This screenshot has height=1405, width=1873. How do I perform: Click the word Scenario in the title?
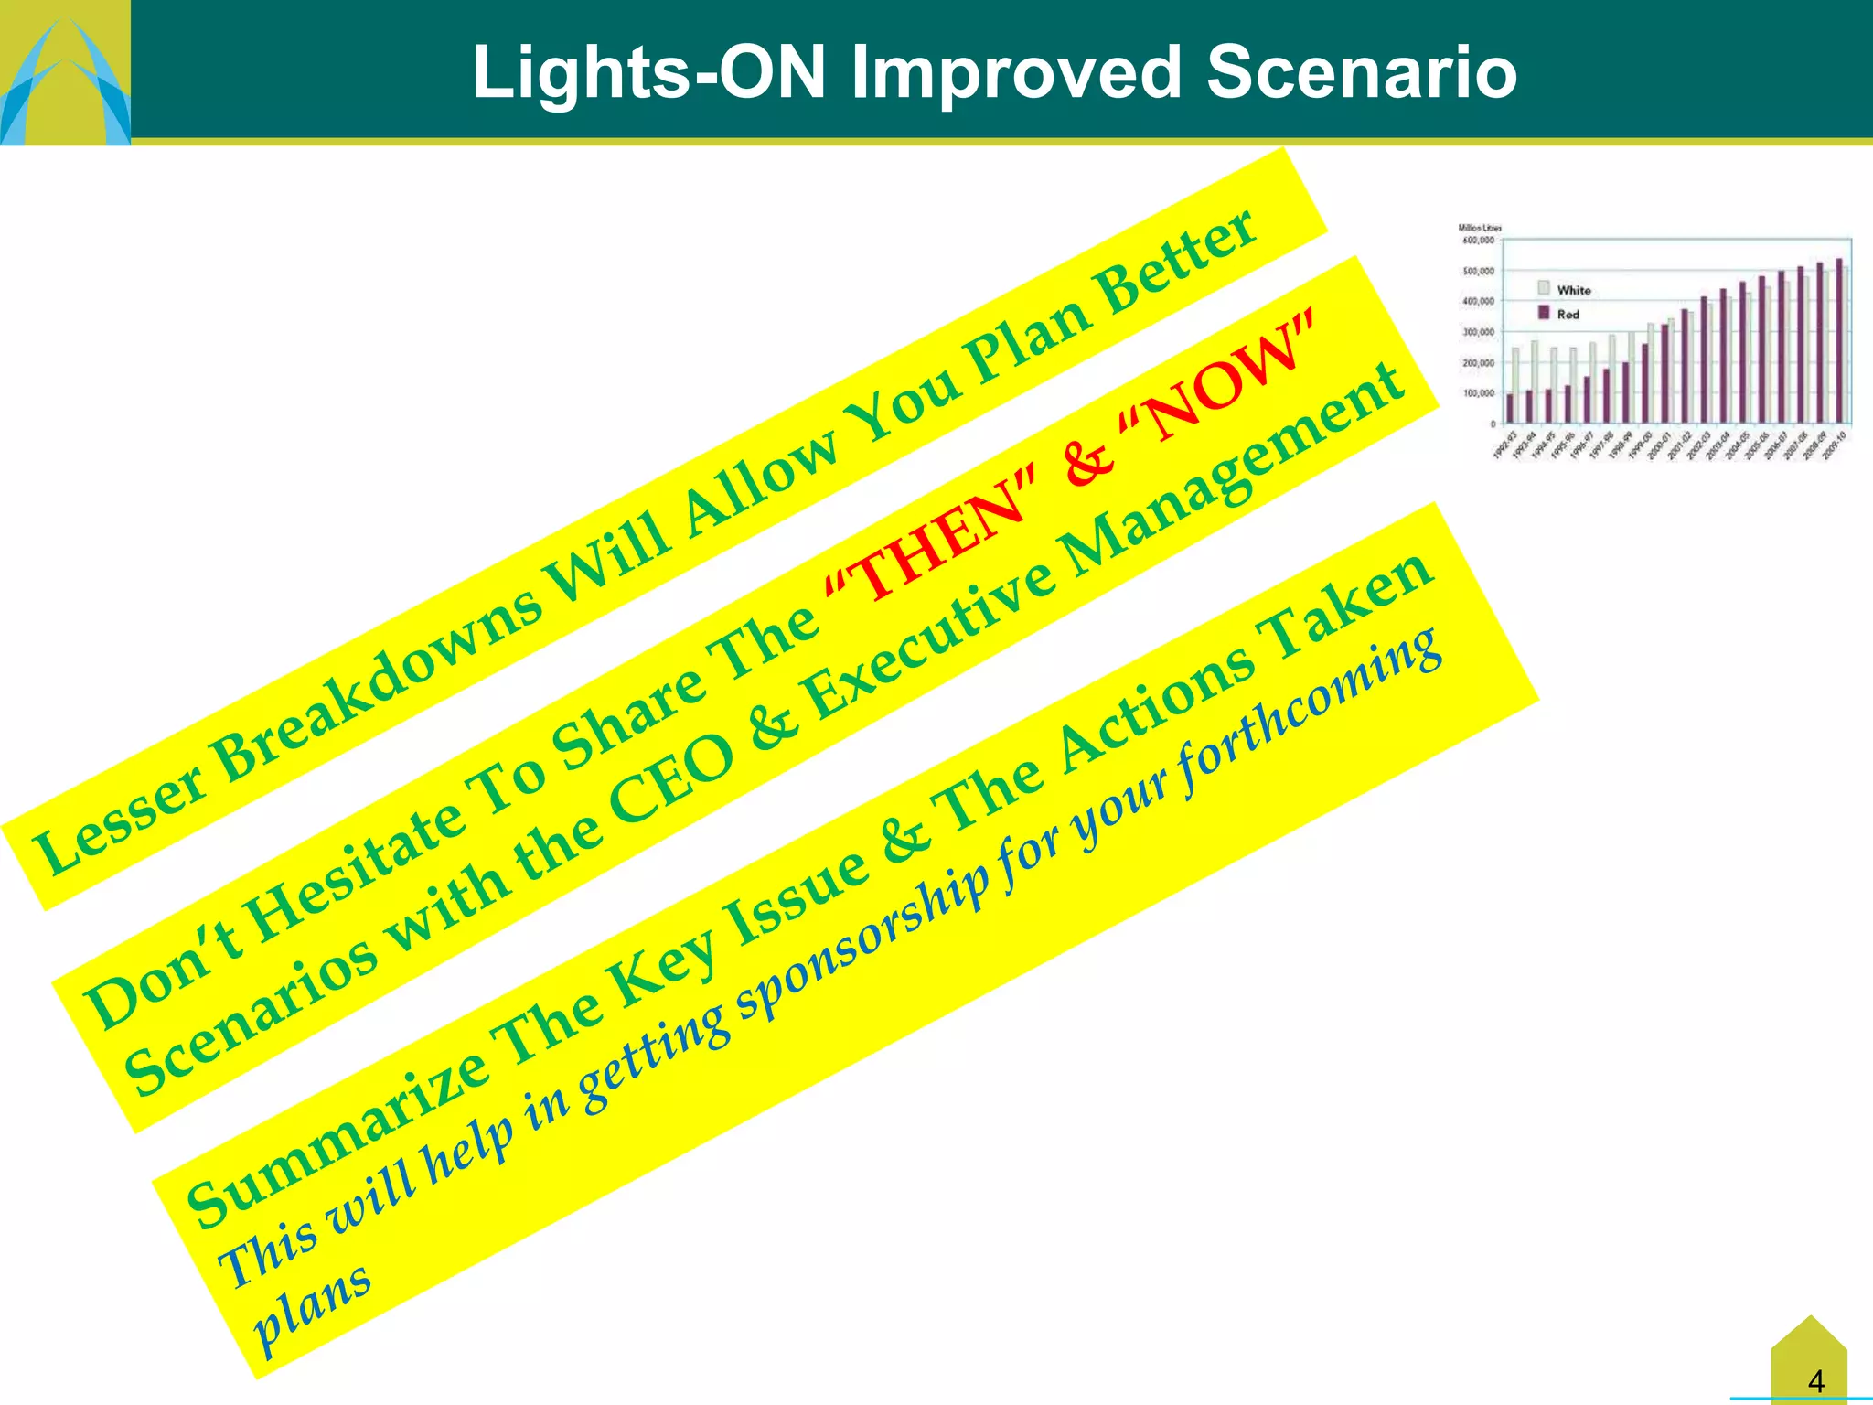click(x=1362, y=72)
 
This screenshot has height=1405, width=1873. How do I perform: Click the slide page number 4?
click(x=1815, y=1380)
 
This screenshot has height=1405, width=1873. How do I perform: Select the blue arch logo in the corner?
click(x=64, y=78)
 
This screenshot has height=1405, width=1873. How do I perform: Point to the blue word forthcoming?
click(x=1308, y=713)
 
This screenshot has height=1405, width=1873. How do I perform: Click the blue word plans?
click(x=311, y=1308)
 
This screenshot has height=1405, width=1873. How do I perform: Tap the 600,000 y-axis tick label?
click(x=1478, y=241)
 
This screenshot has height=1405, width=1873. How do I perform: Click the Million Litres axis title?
click(x=1479, y=228)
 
